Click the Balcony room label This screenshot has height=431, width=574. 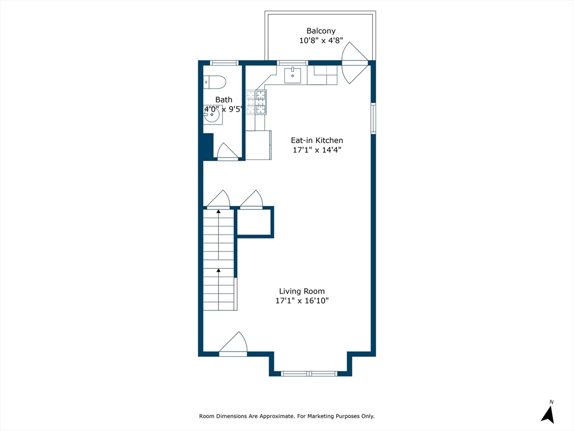(x=321, y=31)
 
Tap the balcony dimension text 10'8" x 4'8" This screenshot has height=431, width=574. (x=321, y=40)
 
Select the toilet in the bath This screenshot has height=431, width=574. (x=215, y=82)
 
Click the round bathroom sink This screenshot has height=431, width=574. (x=212, y=114)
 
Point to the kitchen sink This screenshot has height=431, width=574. (x=293, y=76)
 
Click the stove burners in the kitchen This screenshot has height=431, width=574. (x=256, y=102)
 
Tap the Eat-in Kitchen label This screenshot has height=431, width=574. (x=317, y=140)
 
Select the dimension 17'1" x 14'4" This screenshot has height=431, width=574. (x=317, y=149)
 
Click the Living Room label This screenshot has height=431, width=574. (x=302, y=291)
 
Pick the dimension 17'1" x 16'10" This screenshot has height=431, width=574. (x=302, y=301)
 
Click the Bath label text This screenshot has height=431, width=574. (x=223, y=100)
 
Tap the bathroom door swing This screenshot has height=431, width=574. (x=228, y=152)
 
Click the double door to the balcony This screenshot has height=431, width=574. (x=354, y=63)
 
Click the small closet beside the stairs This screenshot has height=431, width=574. (x=255, y=222)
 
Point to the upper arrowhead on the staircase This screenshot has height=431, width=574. (x=219, y=212)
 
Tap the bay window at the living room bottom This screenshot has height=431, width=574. (x=309, y=373)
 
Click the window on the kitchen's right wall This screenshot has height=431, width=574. (x=373, y=118)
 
